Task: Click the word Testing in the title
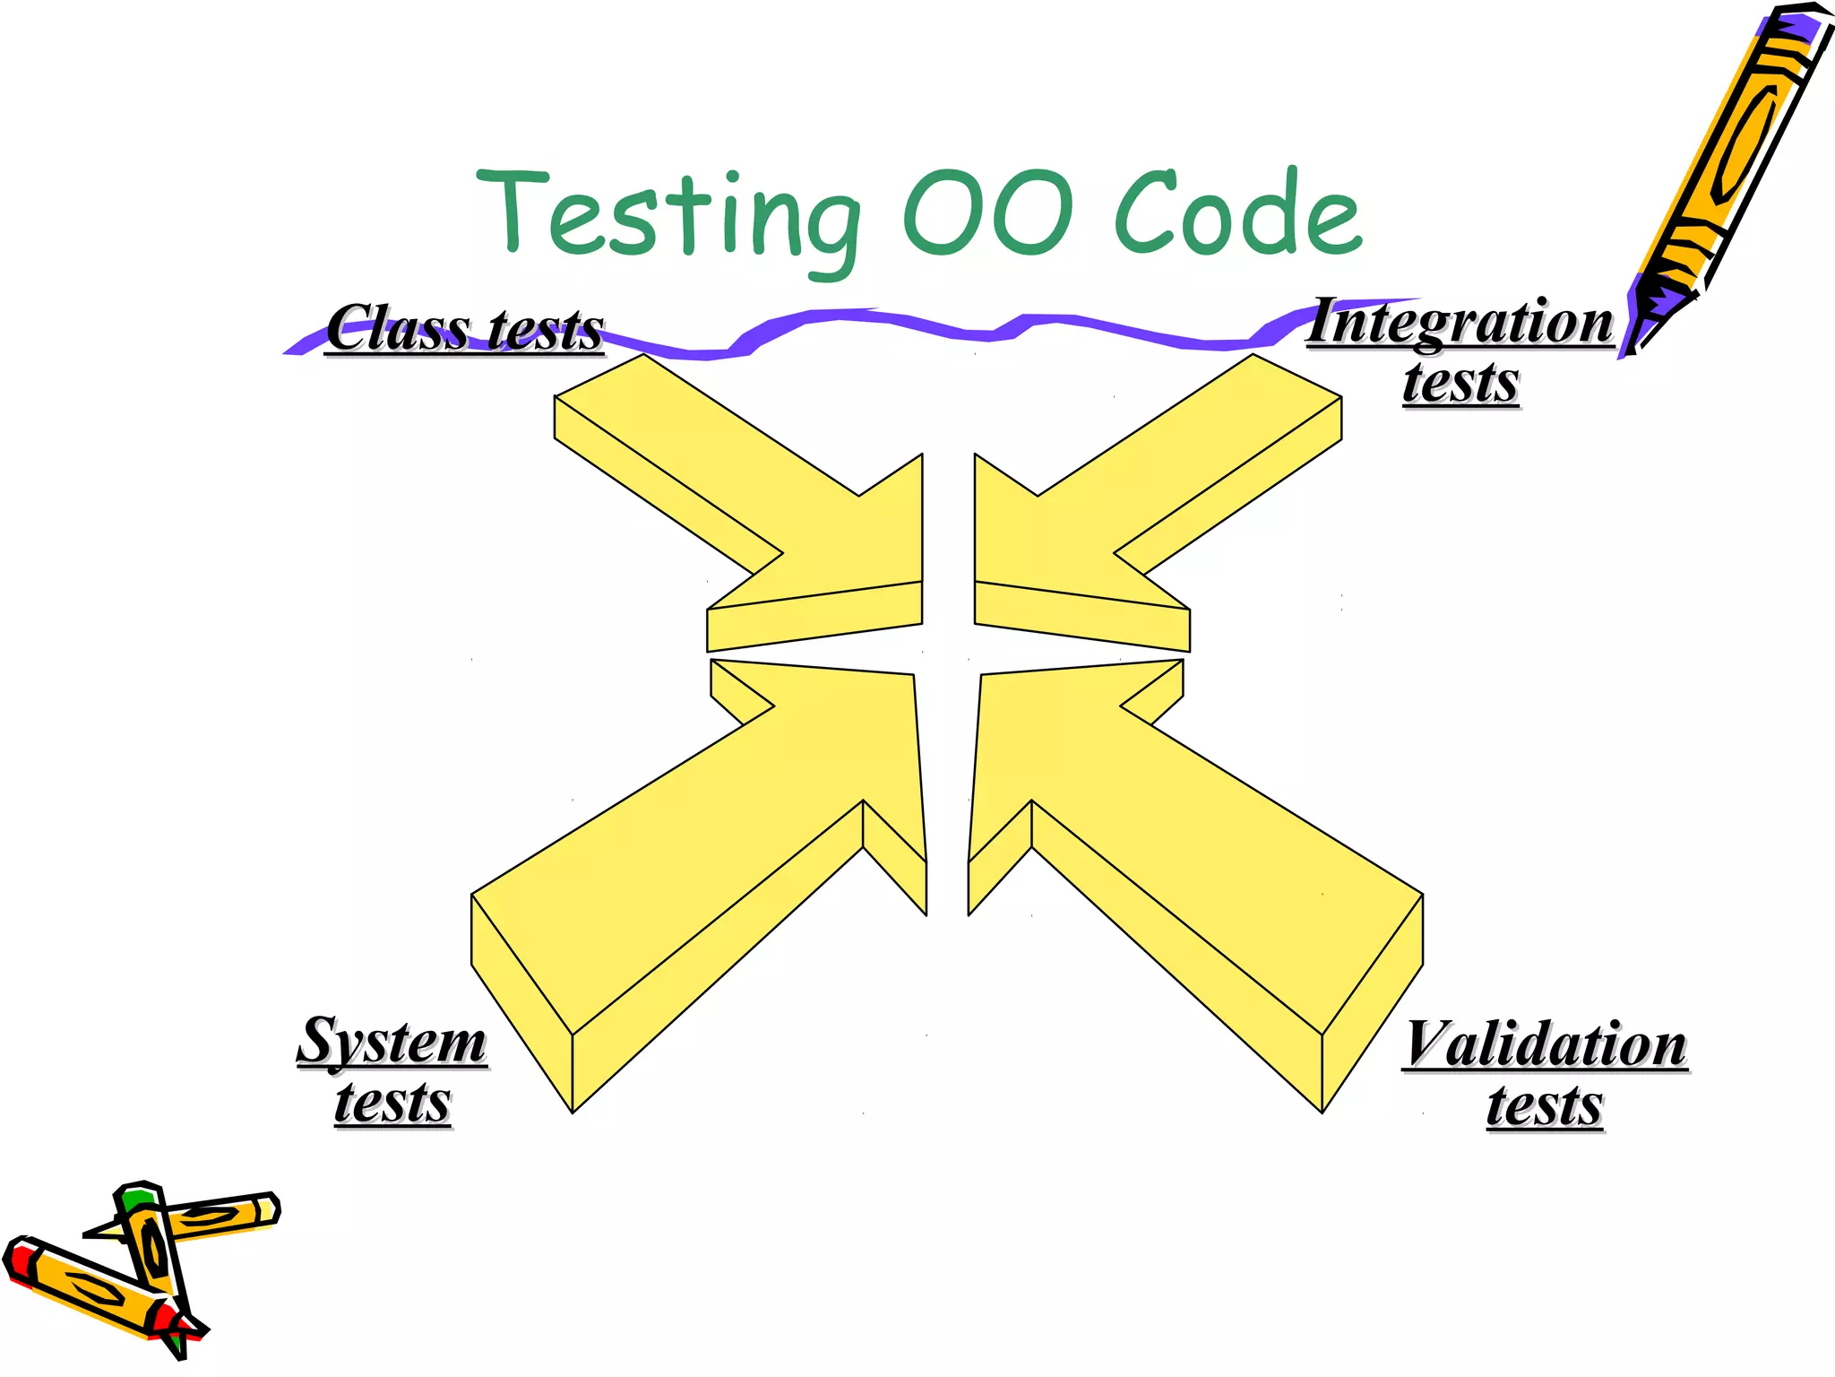(668, 215)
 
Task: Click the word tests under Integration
(1460, 383)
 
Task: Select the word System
(392, 1042)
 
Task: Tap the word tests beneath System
(392, 1103)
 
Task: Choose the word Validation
(1546, 1045)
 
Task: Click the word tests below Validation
(1545, 1106)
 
